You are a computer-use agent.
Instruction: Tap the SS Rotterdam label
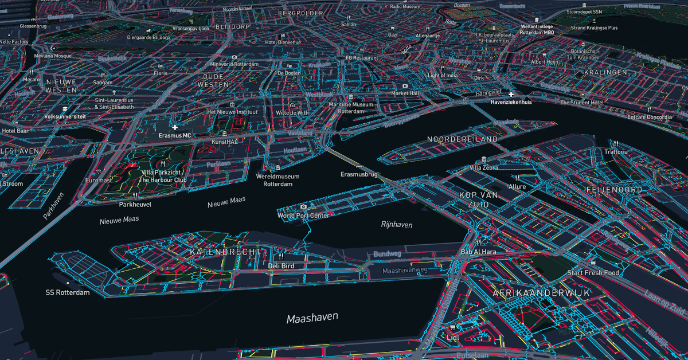coord(68,292)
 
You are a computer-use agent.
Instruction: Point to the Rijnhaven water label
coord(397,225)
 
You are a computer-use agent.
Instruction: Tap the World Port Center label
coord(303,216)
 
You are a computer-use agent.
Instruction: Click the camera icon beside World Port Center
coord(303,206)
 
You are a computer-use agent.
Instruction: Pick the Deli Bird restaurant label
coord(281,265)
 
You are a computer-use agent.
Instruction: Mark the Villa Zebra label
coord(484,167)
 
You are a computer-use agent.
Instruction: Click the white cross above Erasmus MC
coord(175,127)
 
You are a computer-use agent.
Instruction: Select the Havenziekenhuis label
coord(511,102)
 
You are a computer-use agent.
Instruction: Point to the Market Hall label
coord(405,93)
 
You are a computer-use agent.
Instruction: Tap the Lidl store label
coord(454,338)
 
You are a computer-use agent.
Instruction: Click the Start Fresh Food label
coord(593,273)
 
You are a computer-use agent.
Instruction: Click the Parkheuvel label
coord(135,204)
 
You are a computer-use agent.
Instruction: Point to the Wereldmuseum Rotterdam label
coord(278,180)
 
